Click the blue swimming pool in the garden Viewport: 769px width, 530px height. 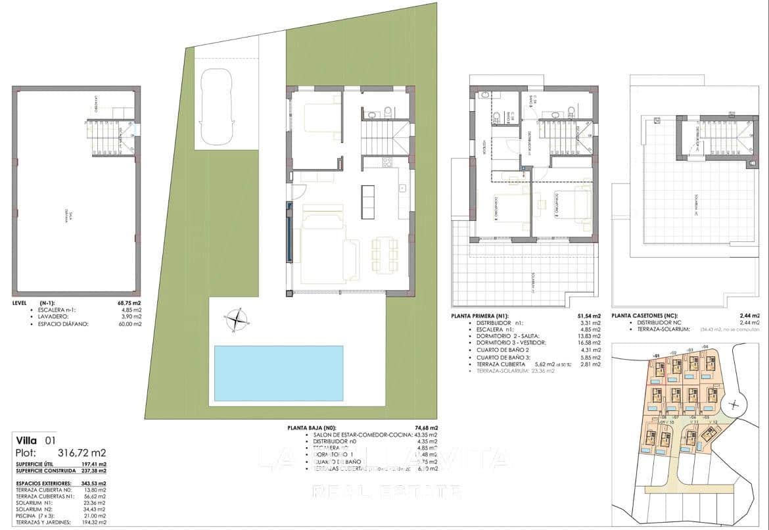(279, 373)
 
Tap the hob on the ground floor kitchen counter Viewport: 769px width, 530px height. (386, 163)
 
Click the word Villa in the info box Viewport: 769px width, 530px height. (27, 440)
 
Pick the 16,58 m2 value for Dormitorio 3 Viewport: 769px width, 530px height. (589, 343)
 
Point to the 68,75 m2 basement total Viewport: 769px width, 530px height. (129, 304)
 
